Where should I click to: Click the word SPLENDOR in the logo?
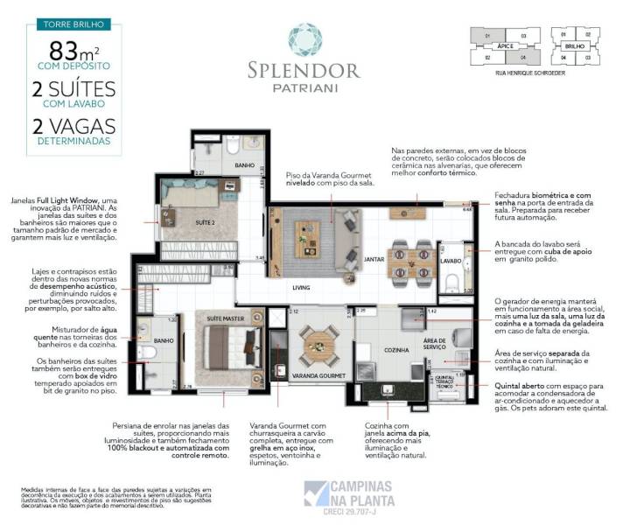[315, 69]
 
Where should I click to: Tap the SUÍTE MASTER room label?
[224, 319]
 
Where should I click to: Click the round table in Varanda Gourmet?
[319, 344]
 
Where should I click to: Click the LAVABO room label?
[450, 261]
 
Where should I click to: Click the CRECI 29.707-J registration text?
[349, 510]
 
